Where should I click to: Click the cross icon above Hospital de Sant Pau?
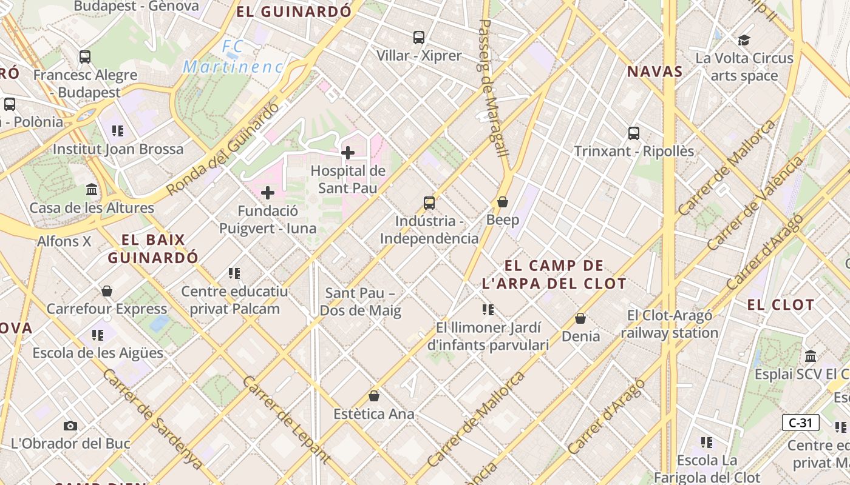[x=348, y=153]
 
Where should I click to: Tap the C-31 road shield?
[x=800, y=423]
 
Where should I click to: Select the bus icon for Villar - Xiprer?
[x=419, y=38]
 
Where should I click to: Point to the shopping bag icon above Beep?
[x=503, y=201]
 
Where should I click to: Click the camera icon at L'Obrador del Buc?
[x=70, y=426]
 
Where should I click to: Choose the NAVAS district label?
[x=654, y=72]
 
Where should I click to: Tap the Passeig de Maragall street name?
[x=493, y=88]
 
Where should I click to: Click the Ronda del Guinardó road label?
[x=223, y=149]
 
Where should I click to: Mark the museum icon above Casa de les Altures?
[x=92, y=190]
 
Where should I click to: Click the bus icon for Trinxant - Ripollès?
[x=634, y=133]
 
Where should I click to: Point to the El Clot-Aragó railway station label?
[x=670, y=324]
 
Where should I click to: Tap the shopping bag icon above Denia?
[x=580, y=318]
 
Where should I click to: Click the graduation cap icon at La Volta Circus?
[x=744, y=41]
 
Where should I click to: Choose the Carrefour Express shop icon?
[x=107, y=291]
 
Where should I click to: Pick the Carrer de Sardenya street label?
[x=152, y=418]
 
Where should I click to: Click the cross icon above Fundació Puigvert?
[x=268, y=193]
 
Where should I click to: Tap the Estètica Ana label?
[x=374, y=414]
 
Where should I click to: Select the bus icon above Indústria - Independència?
[x=429, y=202]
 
